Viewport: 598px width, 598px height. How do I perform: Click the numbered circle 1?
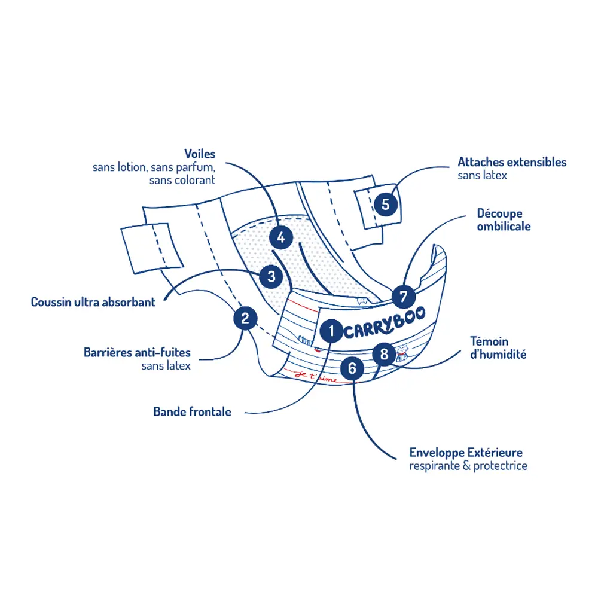331,331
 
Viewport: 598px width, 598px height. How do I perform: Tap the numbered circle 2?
245,318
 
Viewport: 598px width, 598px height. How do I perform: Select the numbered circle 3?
271,276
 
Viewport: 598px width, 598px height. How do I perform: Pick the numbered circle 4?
281,237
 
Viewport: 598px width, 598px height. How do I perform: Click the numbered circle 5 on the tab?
386,204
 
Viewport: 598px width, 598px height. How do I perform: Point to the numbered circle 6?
352,368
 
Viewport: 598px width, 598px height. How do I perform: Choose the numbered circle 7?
404,297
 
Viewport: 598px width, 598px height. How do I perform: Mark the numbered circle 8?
384,354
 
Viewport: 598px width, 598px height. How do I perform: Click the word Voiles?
200,154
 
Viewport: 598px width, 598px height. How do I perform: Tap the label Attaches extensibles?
512,162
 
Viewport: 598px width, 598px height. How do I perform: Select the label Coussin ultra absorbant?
93,302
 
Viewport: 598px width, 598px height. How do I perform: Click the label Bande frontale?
192,412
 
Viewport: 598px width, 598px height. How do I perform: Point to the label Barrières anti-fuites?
137,352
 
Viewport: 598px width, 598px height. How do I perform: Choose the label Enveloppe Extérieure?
466,453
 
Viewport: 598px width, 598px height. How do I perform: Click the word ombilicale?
504,227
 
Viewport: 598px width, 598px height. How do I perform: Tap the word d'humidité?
498,354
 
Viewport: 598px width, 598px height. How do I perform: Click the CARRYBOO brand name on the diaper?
385,324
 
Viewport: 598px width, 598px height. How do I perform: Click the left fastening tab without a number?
152,249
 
